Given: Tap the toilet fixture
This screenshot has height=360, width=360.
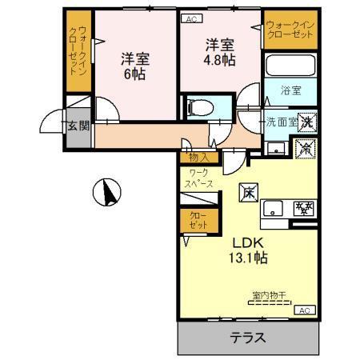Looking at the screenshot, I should [197, 106].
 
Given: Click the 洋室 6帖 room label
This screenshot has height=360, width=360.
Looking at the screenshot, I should [135, 66].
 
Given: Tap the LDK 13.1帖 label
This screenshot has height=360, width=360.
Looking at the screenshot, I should [250, 250].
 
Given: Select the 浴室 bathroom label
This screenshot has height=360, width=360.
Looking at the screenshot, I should [290, 91].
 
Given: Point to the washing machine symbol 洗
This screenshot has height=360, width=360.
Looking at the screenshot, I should [305, 122].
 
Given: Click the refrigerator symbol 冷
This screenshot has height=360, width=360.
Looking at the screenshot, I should [304, 148].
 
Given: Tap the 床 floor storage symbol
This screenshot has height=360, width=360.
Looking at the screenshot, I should [249, 192].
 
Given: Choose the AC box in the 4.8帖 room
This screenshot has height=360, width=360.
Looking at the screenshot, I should [191, 18].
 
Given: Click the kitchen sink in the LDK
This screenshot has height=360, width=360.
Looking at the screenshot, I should [273, 210].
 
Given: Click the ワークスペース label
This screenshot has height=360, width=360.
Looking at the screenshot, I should [200, 178].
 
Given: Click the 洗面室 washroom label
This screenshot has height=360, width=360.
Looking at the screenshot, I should [281, 122].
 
